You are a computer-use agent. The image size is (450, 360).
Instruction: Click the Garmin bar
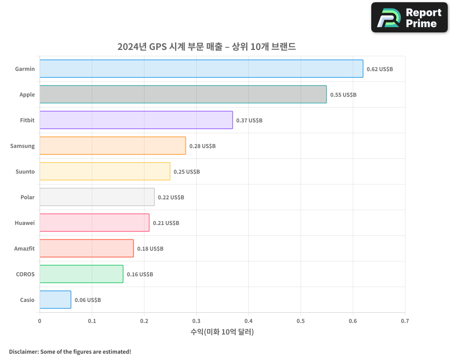pos(201,69)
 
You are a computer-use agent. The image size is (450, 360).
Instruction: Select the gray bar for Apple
pos(183,94)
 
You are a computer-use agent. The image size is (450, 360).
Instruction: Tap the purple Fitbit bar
pos(136,120)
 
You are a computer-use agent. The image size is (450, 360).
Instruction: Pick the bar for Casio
pos(55,300)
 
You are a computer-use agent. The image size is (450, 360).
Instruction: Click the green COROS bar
pos(81,274)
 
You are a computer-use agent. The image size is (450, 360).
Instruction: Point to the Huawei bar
pos(94,223)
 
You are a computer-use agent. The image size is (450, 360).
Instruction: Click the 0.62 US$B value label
pos(379,69)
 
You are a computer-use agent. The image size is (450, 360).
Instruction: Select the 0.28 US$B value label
pos(202,146)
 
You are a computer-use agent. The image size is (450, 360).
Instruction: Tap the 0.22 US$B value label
pos(171,198)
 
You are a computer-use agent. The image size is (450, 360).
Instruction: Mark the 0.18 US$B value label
pos(150,249)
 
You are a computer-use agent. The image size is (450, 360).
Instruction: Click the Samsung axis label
pos(22,146)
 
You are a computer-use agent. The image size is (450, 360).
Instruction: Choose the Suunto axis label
pos(25,171)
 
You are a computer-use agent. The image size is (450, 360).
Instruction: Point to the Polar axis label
pos(27,197)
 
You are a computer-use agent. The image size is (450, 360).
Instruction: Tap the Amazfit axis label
pos(24,248)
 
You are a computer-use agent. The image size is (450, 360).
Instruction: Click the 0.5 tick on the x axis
pos(301,321)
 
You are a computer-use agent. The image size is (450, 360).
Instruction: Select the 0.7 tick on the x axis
pos(405,321)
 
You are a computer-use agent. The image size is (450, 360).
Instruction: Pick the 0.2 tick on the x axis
pos(144,321)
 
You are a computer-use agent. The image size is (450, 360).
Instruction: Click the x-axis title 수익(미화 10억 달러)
pos(222,332)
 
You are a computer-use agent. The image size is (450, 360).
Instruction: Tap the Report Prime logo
pos(409,18)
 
